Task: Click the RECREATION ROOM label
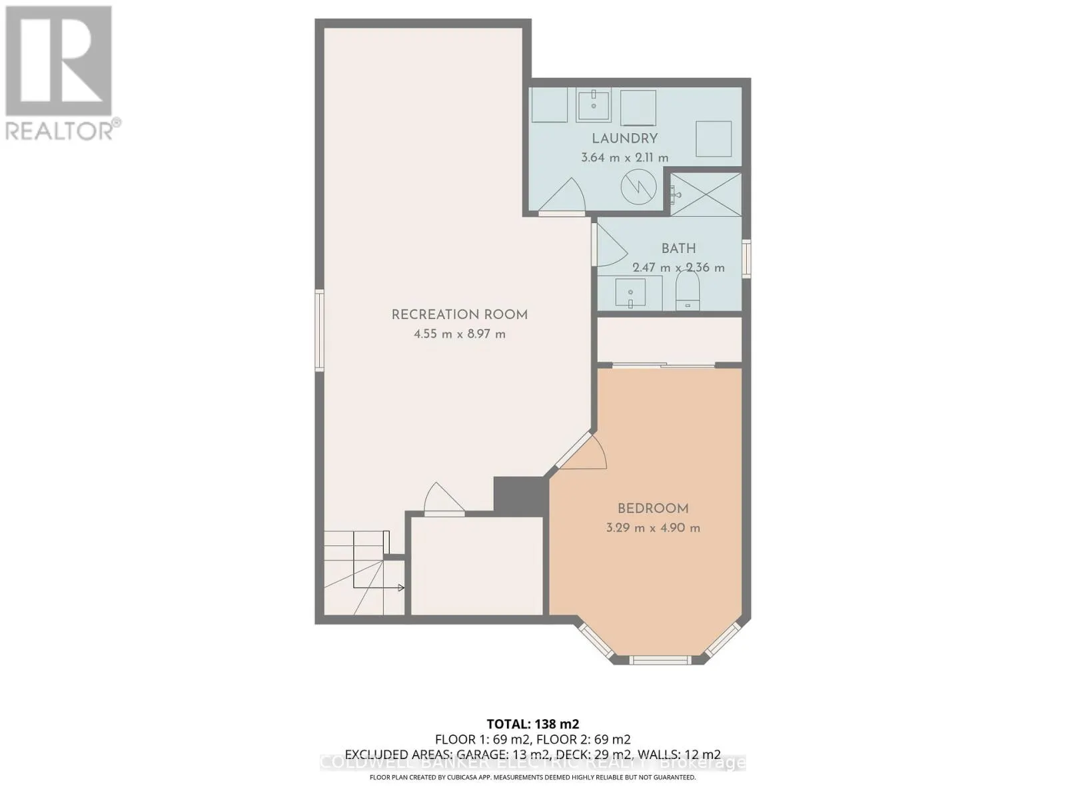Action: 459,315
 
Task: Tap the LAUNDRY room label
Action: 625,138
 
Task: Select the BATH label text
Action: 678,248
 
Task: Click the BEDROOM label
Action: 653,509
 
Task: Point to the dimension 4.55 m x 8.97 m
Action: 459,334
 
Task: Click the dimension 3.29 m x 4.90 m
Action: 653,528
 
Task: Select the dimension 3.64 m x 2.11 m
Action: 625,158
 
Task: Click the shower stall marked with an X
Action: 706,194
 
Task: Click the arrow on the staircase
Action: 400,587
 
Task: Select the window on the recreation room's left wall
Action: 320,330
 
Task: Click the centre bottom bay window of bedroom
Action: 660,660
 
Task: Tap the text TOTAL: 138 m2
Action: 532,724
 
